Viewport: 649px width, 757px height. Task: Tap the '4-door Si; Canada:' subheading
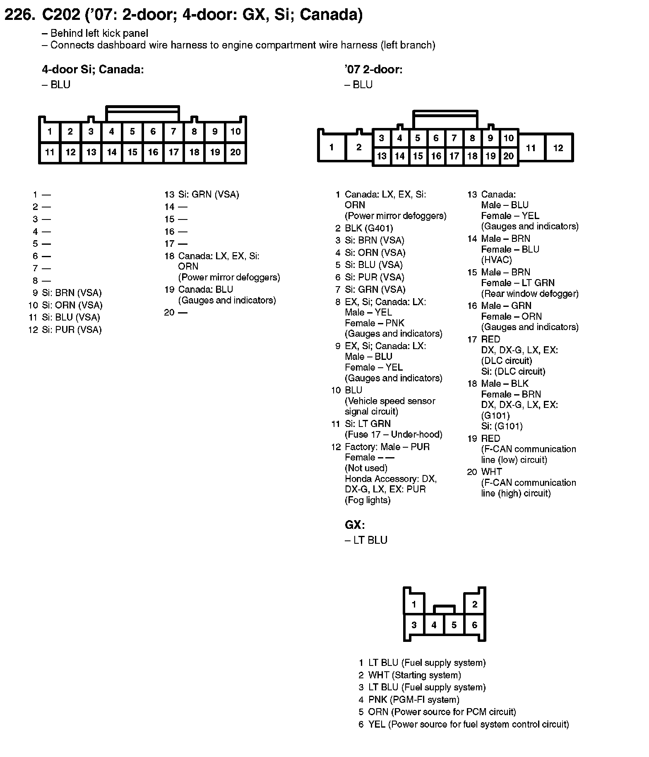pos(93,70)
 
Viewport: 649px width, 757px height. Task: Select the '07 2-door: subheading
pos(373,70)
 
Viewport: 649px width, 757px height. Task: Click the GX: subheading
pos(355,525)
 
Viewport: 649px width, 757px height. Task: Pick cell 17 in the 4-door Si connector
pos(173,152)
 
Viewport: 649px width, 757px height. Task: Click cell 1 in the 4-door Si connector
pos(50,132)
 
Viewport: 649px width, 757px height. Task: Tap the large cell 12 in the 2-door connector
pos(558,148)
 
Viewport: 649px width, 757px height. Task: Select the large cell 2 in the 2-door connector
pos(358,147)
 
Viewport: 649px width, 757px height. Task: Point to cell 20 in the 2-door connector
pos(508,156)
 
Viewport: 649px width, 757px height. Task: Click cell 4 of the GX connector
pos(434,625)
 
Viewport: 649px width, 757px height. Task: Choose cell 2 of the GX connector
pos(474,604)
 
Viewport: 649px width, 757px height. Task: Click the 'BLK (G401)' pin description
pos(369,228)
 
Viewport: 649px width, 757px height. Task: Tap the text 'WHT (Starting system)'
pos(414,675)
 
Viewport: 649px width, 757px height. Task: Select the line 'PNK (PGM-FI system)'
pos(413,699)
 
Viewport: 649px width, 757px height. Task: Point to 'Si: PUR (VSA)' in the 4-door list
pos(72,330)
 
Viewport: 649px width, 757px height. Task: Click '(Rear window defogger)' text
pos(530,294)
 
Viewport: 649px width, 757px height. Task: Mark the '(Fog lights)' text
pos(368,500)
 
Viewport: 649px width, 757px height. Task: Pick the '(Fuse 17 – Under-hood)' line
pos(393,434)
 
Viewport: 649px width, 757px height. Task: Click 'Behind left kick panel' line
pos(99,34)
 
